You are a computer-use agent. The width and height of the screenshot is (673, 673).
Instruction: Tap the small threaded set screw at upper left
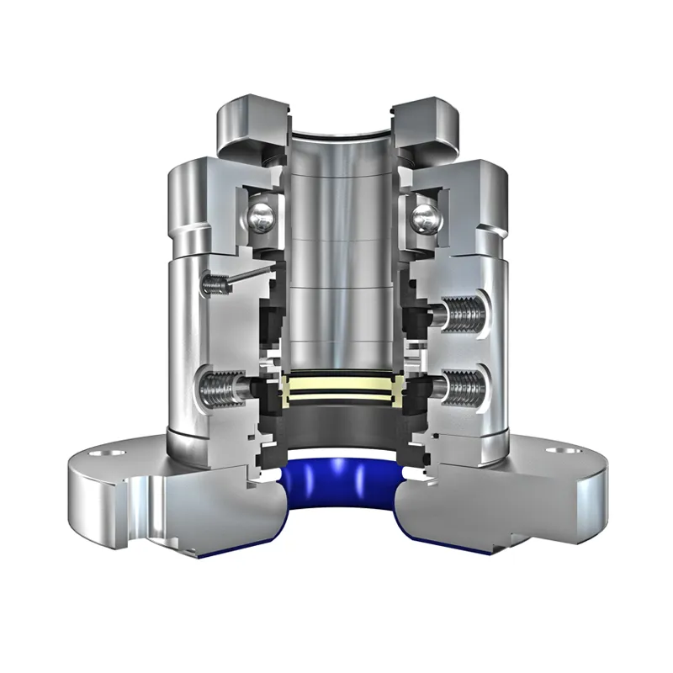216,284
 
